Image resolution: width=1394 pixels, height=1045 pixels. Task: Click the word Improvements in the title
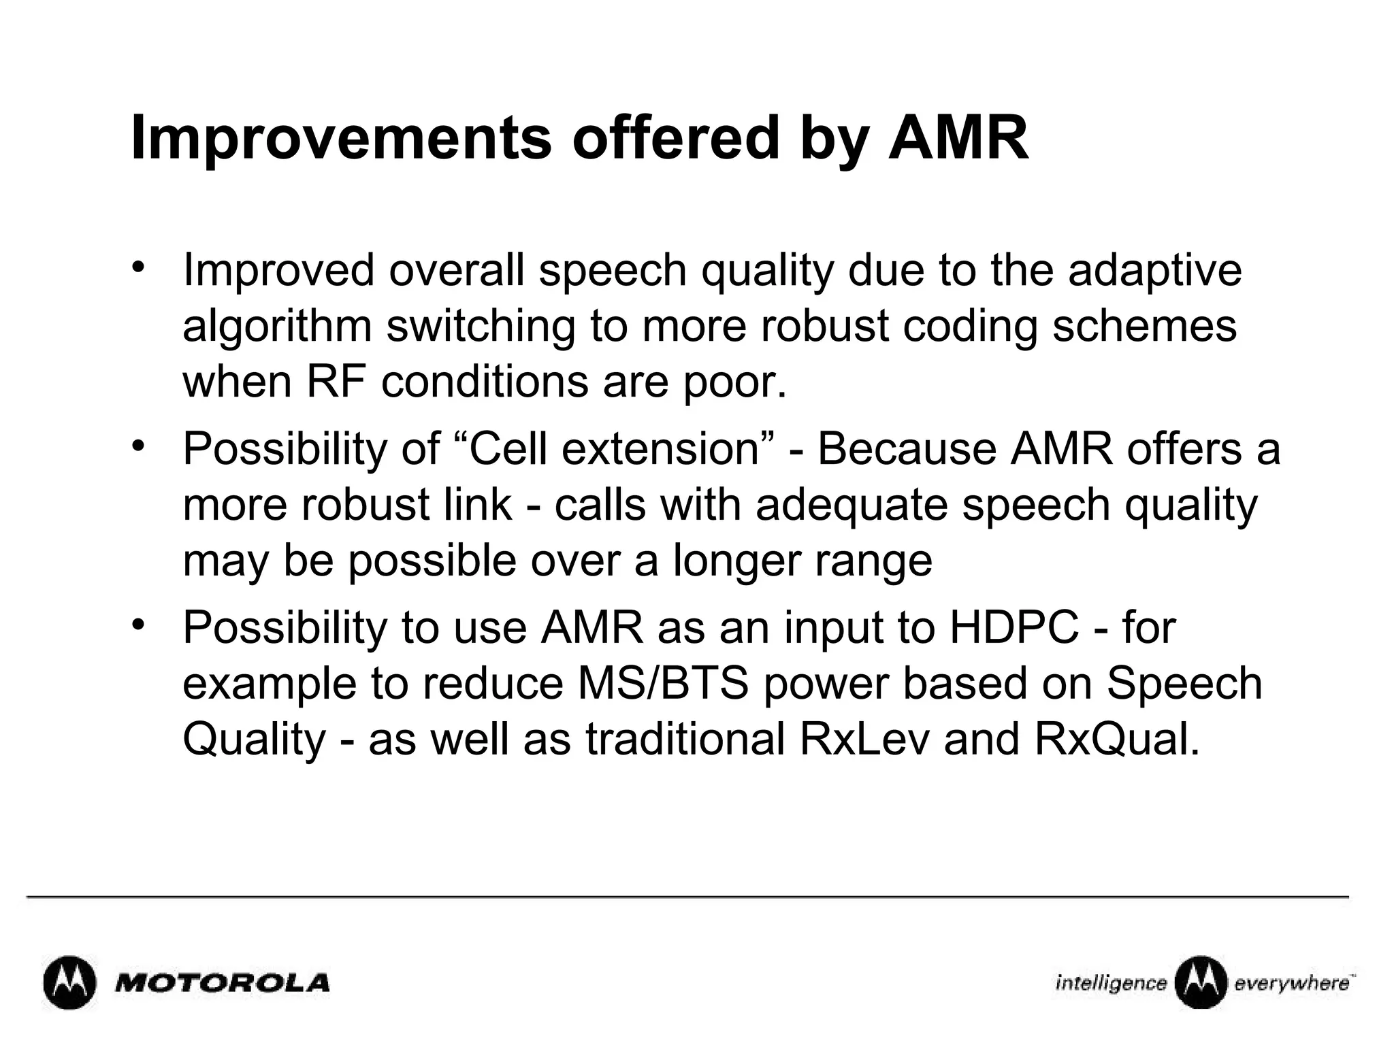tap(340, 139)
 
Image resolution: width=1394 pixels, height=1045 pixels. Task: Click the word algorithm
tap(277, 327)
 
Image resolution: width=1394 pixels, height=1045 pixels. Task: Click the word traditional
tap(685, 740)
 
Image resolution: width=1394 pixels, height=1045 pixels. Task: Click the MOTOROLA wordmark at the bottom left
tap(223, 983)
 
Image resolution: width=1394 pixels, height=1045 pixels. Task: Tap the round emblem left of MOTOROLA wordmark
tap(69, 983)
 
